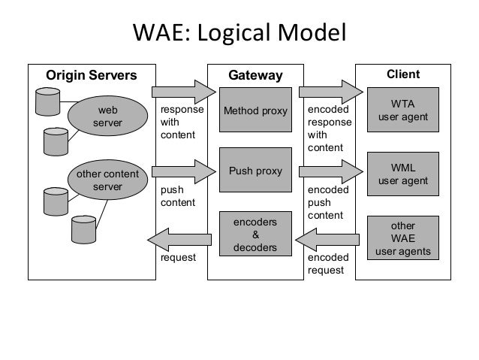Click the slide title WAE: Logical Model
[x=239, y=34]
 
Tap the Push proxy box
[x=255, y=171]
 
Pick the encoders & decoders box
[x=255, y=235]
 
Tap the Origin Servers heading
[x=92, y=75]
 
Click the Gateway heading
[x=255, y=76]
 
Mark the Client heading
[x=402, y=74]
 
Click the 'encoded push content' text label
[x=325, y=203]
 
